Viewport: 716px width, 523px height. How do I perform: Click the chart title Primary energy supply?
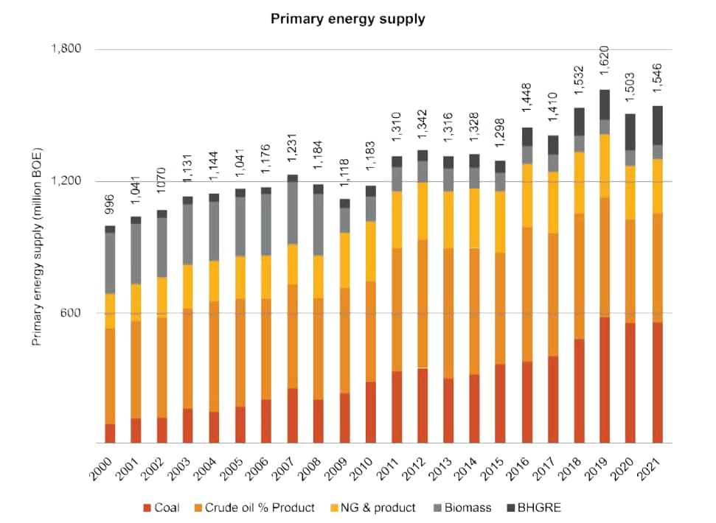point(347,19)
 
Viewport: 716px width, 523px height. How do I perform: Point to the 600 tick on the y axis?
point(71,313)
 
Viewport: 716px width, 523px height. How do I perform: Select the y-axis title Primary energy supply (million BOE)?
point(38,247)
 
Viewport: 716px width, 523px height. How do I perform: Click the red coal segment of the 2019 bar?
point(604,380)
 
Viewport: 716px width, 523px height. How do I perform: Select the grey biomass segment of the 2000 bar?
point(110,263)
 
